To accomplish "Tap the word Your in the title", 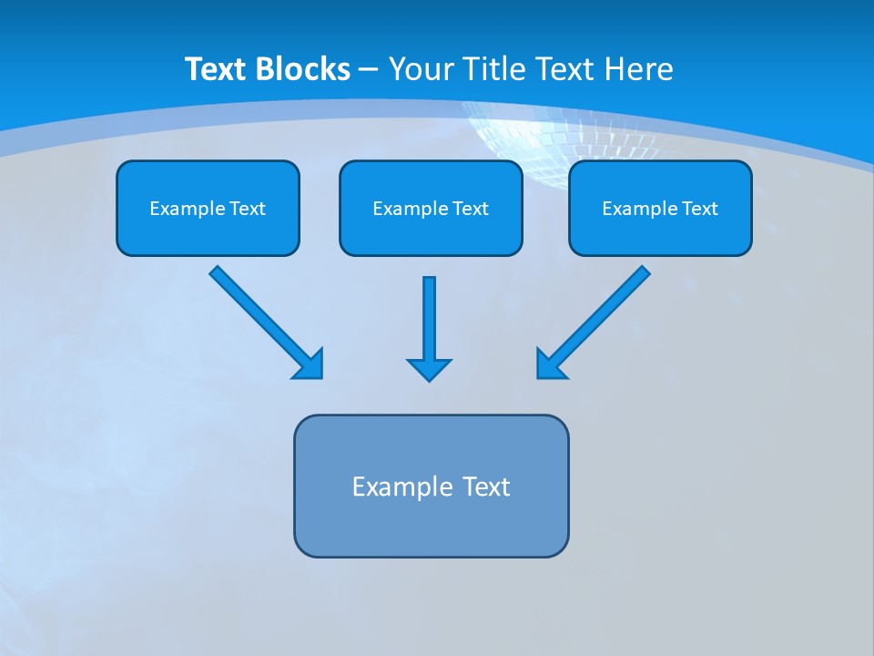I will pyautogui.click(x=420, y=69).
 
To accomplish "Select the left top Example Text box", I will pyautogui.click(x=208, y=208).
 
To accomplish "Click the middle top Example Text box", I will pyautogui.click(x=431, y=208).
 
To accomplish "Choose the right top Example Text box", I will pyautogui.click(x=660, y=208).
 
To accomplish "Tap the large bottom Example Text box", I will pyautogui.click(x=431, y=486).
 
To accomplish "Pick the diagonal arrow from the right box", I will pyautogui.click(x=594, y=322).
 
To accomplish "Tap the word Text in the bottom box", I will pyautogui.click(x=486, y=487).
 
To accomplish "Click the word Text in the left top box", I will pyautogui.click(x=248, y=209).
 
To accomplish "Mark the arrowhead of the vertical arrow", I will pyautogui.click(x=429, y=369).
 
